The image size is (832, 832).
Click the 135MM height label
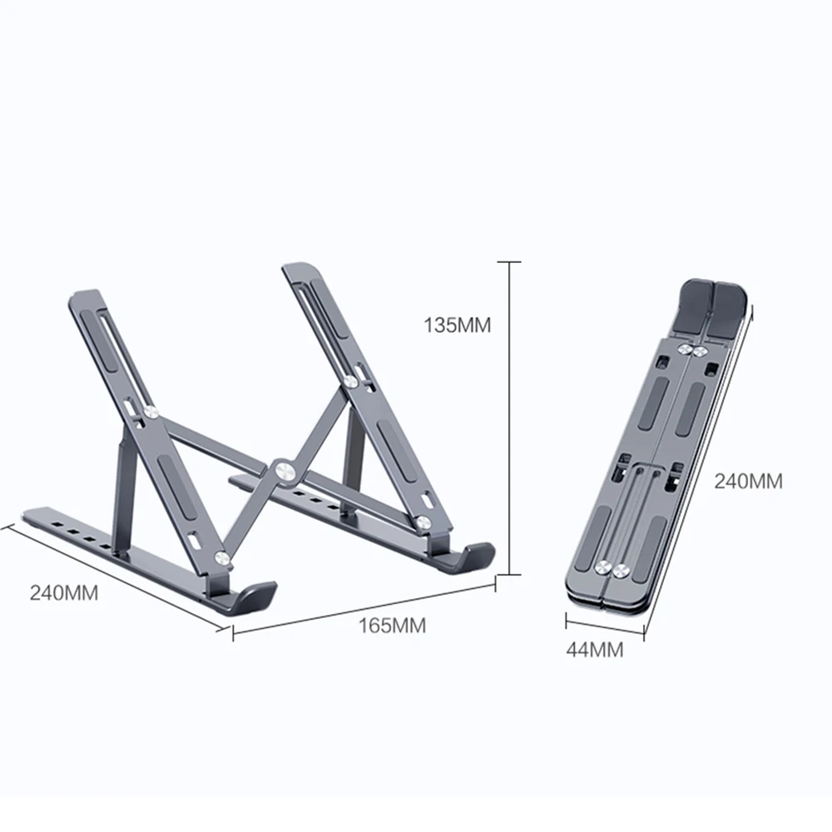[458, 325]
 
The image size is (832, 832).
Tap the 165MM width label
[392, 626]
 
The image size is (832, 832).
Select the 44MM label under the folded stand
[594, 651]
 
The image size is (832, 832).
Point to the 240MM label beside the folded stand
[749, 482]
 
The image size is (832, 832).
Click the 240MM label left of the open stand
[64, 593]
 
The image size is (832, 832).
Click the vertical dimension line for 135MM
[508, 416]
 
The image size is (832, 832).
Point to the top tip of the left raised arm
[87, 298]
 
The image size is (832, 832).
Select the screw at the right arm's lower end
[423, 523]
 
